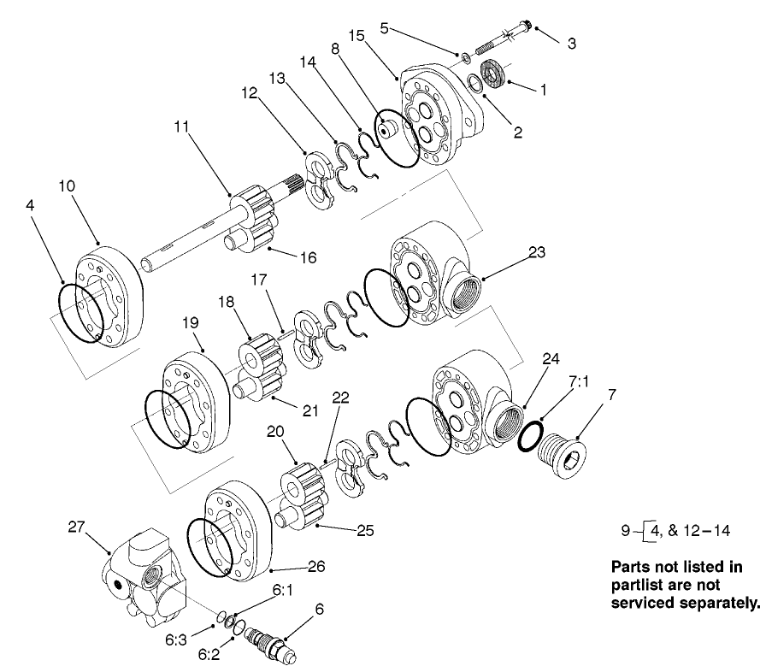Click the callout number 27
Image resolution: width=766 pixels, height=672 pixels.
(x=76, y=527)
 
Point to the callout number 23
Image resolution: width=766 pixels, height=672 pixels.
(x=536, y=252)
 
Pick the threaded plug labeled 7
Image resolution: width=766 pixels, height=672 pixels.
(x=561, y=450)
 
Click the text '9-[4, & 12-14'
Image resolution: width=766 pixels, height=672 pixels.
(x=676, y=531)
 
